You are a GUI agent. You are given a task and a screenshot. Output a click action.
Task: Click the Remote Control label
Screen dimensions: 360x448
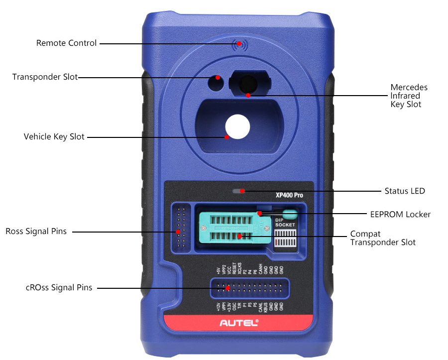click(x=66, y=43)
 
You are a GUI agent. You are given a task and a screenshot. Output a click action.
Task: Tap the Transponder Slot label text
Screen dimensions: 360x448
click(x=45, y=77)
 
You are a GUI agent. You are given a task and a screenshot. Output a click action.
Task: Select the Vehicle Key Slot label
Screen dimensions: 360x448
click(x=54, y=136)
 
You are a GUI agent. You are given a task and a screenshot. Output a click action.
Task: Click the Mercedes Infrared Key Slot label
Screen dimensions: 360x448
click(x=408, y=96)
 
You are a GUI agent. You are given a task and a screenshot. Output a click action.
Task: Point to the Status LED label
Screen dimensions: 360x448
click(x=405, y=191)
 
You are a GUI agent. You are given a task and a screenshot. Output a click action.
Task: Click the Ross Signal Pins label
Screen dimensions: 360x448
click(x=36, y=232)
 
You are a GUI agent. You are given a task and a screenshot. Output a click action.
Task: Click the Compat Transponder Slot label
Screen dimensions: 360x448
click(x=382, y=238)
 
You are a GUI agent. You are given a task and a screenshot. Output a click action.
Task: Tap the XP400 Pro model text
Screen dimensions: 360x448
click(x=289, y=196)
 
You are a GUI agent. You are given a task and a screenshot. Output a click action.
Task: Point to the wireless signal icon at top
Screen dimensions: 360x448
click(x=239, y=45)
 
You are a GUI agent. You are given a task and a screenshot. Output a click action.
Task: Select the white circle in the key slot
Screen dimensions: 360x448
click(x=236, y=126)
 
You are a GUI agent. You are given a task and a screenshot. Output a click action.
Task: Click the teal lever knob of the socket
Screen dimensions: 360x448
click(x=292, y=215)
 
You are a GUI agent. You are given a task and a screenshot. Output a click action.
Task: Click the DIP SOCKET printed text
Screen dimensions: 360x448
click(x=285, y=222)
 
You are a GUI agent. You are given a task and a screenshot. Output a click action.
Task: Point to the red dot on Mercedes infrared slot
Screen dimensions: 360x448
click(x=248, y=94)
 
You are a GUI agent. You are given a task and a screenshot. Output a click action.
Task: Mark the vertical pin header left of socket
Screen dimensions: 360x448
click(x=180, y=227)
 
